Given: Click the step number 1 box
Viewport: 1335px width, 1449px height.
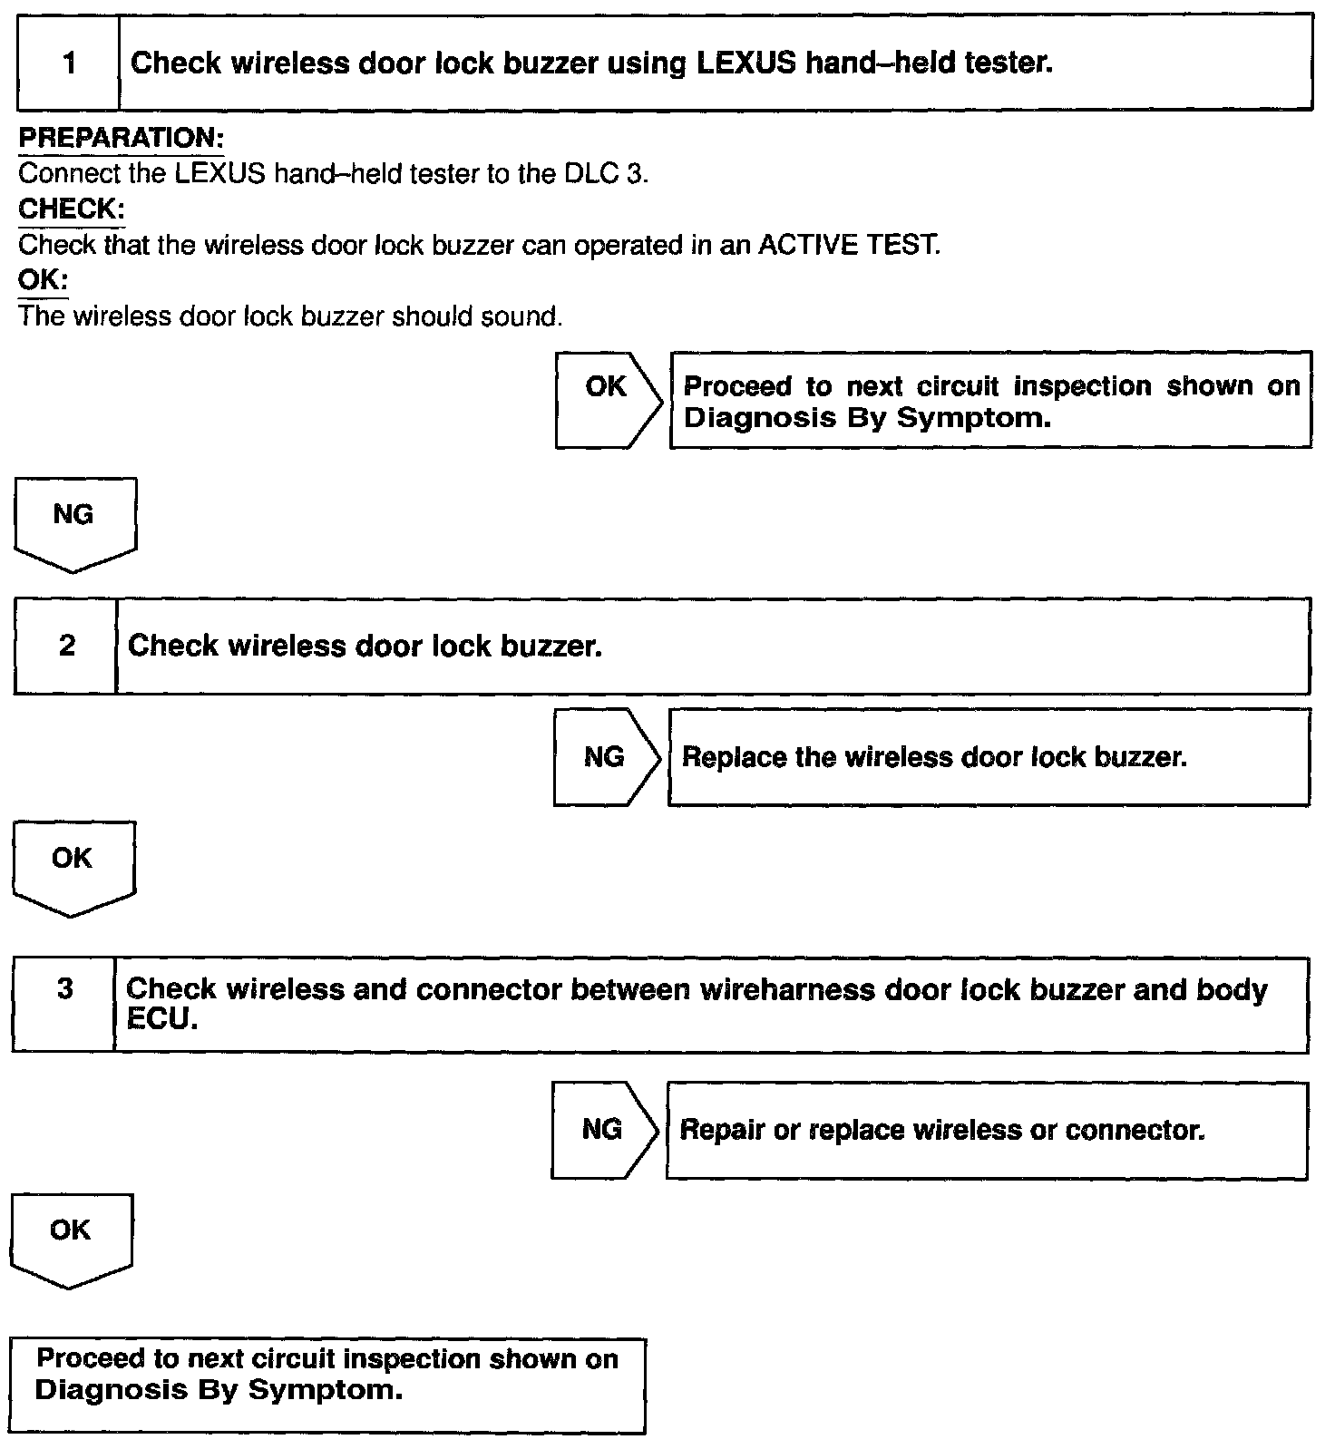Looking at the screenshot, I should point(69,63).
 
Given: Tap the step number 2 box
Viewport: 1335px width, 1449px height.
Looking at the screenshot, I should point(66,646).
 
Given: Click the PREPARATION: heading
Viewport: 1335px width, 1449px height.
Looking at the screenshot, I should point(121,138).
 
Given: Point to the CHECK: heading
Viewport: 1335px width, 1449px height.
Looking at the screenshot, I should point(72,209).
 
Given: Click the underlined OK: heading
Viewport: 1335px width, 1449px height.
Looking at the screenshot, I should point(43,279).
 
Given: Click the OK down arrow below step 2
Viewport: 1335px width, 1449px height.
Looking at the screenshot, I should point(73,866).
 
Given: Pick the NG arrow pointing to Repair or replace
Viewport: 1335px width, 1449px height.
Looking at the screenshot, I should point(603,1129).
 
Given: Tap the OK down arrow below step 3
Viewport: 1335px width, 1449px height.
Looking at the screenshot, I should point(71,1238).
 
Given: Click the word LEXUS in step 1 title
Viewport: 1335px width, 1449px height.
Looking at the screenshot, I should point(745,63).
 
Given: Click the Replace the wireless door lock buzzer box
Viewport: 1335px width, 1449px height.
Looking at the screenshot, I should point(989,757).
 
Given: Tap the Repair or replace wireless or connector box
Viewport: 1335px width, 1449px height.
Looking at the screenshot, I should point(987,1130).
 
